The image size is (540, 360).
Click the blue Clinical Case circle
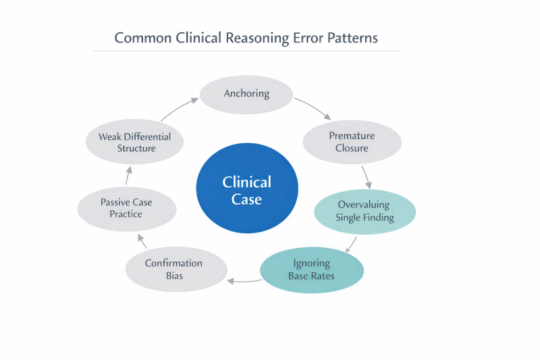pyautogui.click(x=247, y=188)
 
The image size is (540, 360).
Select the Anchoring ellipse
pyautogui.click(x=246, y=95)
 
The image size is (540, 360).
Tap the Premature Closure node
pyautogui.click(x=352, y=142)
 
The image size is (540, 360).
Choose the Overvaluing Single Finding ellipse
pyautogui.click(x=364, y=211)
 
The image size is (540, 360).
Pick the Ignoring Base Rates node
pyautogui.click(x=312, y=270)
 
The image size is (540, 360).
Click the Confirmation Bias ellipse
pyautogui.click(x=176, y=269)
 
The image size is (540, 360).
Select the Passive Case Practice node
pyautogui.click(x=127, y=209)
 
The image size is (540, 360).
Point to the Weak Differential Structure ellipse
pyautogui.click(x=134, y=142)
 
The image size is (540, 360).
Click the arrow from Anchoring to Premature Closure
pyautogui.click(x=313, y=107)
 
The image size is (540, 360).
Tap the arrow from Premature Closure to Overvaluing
pyautogui.click(x=367, y=177)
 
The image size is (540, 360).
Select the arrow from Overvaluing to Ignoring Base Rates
pyautogui.click(x=351, y=245)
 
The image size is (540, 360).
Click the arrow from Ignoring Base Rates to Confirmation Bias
pyautogui.click(x=244, y=282)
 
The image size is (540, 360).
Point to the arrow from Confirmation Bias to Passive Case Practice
pyautogui.click(x=142, y=240)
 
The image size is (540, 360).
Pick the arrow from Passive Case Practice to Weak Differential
pyautogui.click(x=128, y=176)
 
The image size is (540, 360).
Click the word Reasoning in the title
pyautogui.click(x=257, y=38)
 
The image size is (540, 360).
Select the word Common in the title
pyautogui.click(x=143, y=38)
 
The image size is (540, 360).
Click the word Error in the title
pyautogui.click(x=308, y=38)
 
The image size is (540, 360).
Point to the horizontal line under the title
pyautogui.click(x=246, y=51)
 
